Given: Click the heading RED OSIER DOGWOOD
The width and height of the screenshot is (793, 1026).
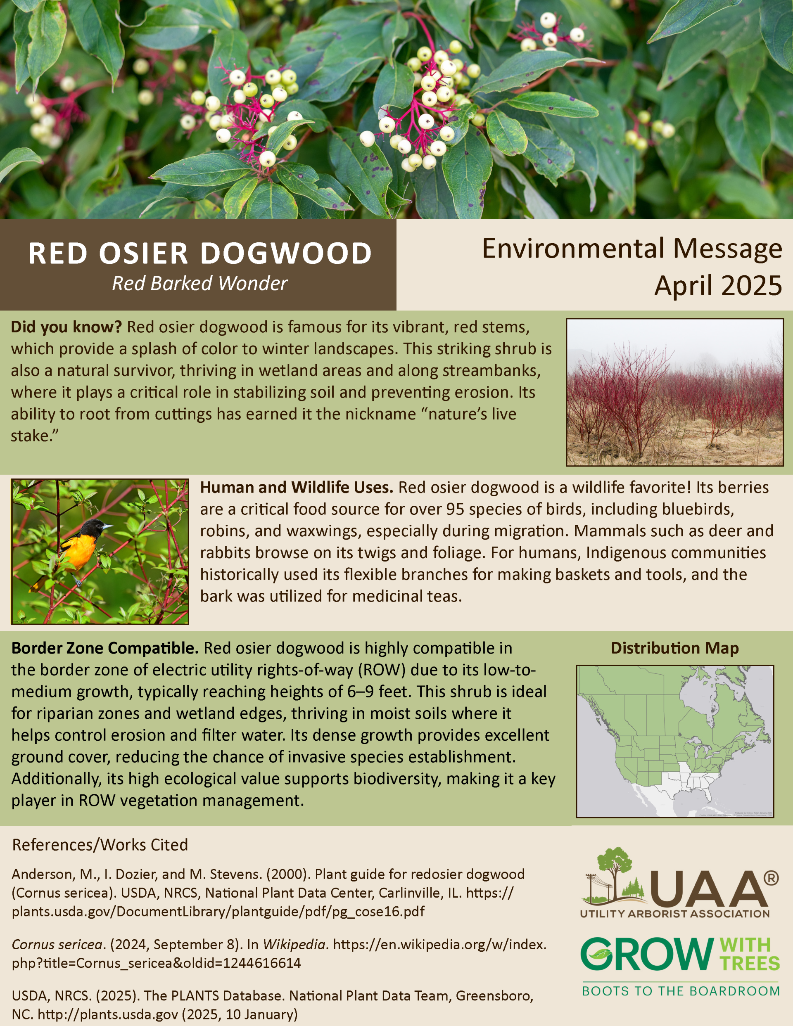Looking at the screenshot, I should click(x=200, y=253).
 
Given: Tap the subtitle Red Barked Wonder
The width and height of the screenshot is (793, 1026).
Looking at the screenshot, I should click(x=200, y=283).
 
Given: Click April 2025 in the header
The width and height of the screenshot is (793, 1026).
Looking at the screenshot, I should click(x=718, y=286).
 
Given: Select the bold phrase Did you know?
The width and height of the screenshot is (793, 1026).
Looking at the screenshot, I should click(x=66, y=327).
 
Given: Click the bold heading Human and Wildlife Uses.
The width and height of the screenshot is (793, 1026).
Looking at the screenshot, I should click(x=297, y=488).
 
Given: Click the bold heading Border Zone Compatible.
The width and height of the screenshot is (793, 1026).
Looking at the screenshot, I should click(x=105, y=648).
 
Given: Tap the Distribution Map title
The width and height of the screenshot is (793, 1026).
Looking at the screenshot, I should click(x=674, y=648).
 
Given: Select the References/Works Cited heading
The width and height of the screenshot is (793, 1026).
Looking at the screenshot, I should click(x=100, y=845).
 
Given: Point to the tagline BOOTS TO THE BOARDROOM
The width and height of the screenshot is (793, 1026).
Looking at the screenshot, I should click(x=680, y=991).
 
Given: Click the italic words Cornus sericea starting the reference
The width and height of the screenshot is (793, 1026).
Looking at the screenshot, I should click(x=57, y=944).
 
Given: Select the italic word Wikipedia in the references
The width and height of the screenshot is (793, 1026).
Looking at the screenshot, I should click(x=294, y=944).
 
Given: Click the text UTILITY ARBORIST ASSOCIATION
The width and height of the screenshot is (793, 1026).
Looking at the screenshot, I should click(x=674, y=914).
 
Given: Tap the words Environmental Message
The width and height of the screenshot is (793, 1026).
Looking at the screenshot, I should click(x=632, y=249).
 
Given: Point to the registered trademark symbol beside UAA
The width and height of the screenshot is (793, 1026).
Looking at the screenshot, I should click(x=771, y=877).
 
